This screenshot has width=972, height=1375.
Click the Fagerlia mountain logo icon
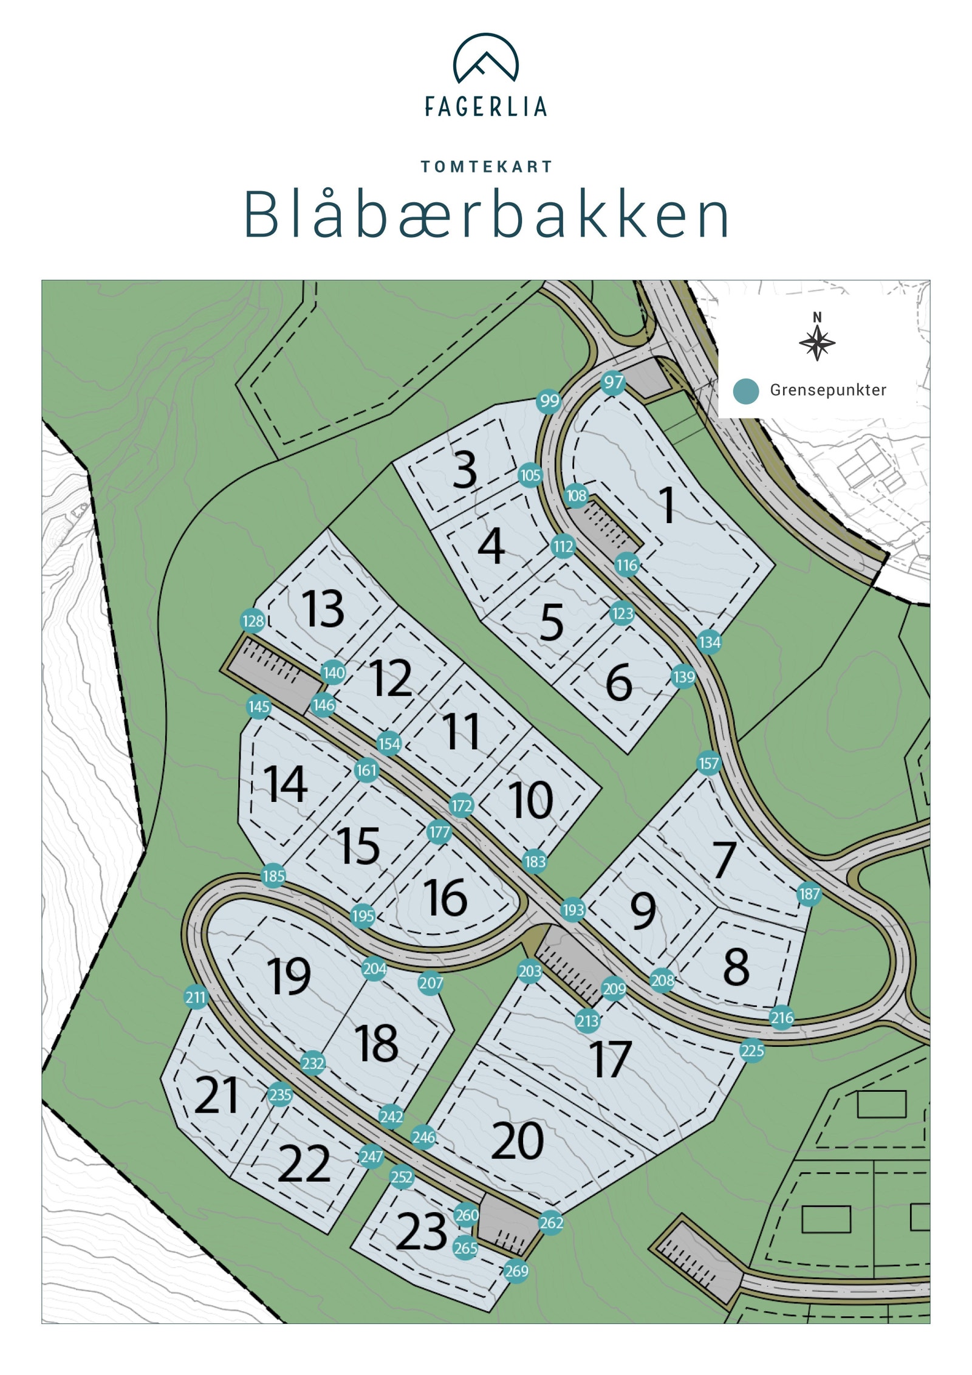(485, 58)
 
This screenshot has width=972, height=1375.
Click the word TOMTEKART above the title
(486, 166)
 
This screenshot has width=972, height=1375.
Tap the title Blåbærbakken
(486, 215)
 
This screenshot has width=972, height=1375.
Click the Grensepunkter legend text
(828, 390)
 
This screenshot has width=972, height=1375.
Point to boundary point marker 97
(614, 382)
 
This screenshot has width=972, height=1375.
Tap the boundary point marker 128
(253, 621)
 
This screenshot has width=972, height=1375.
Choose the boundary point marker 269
(516, 1270)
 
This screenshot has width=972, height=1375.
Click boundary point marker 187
(809, 894)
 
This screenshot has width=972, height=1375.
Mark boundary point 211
(196, 997)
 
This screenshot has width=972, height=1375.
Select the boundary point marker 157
(709, 763)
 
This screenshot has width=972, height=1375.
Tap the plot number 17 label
(610, 1059)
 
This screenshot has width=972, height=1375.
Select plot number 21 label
(216, 1096)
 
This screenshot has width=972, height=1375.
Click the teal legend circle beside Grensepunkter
(745, 391)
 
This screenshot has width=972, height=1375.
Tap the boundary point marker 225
(752, 1051)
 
